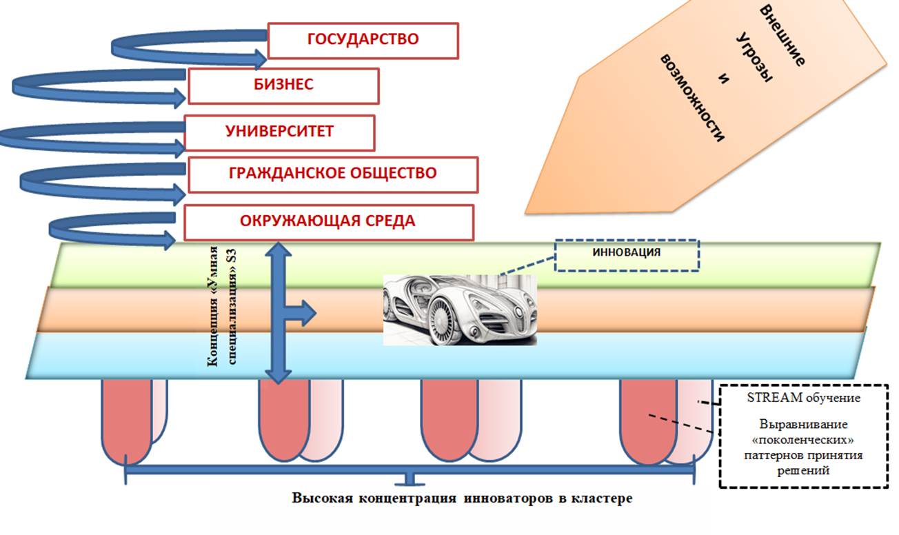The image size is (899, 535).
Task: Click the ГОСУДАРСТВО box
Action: pyautogui.click(x=363, y=40)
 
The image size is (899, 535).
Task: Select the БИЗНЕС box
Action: pyautogui.click(x=283, y=85)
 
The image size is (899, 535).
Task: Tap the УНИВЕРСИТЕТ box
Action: pyautogui.click(x=279, y=132)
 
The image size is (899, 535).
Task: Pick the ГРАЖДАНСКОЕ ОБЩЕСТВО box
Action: pyautogui.click(x=332, y=174)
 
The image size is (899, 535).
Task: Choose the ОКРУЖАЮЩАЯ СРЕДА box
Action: pyautogui.click(x=327, y=222)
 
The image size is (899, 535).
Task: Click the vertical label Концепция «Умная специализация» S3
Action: pyautogui.click(x=225, y=303)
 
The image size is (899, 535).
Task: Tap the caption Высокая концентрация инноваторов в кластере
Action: pyautogui.click(x=461, y=498)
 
